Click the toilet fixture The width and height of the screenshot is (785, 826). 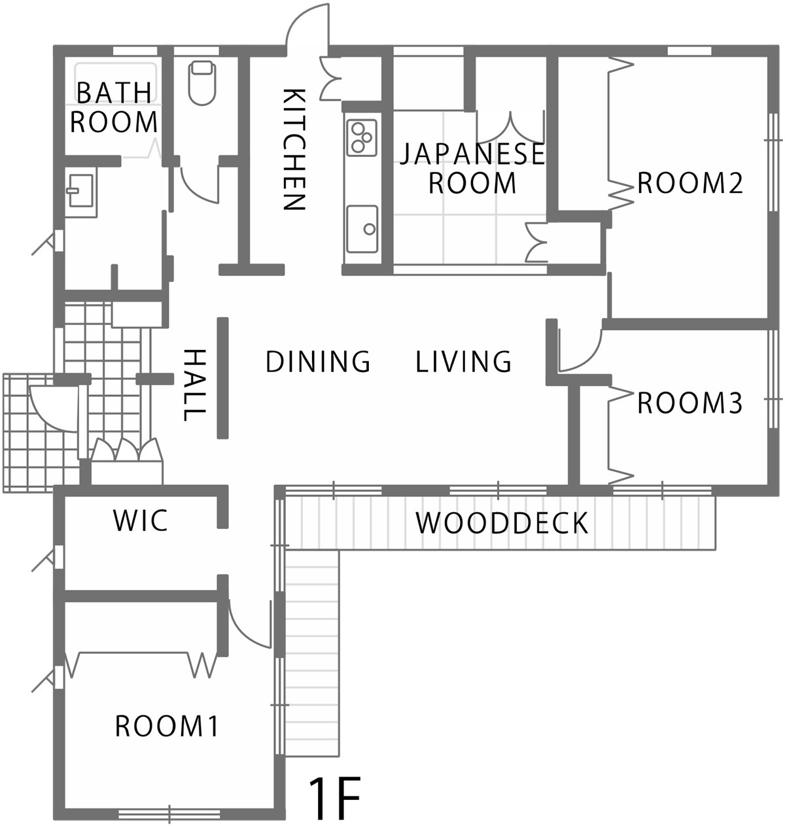coord(202,83)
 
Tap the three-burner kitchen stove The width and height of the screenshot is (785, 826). coord(361,138)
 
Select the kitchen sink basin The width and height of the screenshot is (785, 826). coord(362,229)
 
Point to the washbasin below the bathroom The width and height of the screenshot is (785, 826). coord(80,191)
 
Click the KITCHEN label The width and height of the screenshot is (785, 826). coord(294,149)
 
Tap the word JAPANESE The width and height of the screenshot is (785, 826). coord(472,153)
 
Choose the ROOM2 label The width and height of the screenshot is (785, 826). coord(690,182)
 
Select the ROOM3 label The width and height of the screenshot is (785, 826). coord(690,403)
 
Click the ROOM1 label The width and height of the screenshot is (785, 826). coord(167,726)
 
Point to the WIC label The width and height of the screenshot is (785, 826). coord(141,520)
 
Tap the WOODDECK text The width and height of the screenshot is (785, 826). coord(502,523)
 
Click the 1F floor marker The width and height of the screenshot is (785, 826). coord(334,798)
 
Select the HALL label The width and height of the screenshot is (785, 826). coord(194,385)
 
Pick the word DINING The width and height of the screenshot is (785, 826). coord(318,361)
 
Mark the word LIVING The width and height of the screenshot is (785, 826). coord(464,361)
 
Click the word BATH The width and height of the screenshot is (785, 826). coord(114,92)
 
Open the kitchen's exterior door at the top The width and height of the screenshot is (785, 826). coord(307,26)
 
